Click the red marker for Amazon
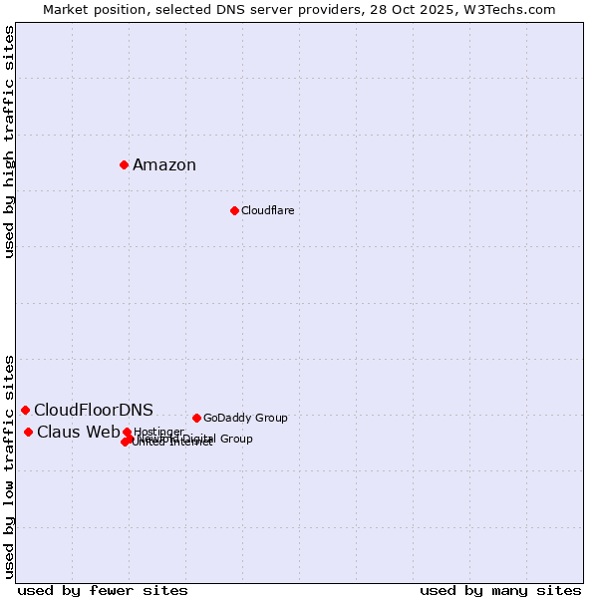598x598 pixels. [124, 164]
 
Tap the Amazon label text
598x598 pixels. [164, 165]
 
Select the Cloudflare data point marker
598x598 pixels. [234, 210]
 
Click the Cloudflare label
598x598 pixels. [267, 210]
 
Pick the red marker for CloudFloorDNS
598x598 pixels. [25, 410]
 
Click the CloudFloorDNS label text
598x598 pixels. [94, 411]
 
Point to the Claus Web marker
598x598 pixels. [28, 432]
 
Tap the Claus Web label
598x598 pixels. [78, 433]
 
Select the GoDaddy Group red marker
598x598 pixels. [196, 418]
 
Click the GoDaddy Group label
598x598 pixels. [245, 418]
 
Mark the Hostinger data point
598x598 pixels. [127, 433]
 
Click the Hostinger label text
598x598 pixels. [158, 432]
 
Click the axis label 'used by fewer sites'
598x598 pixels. [103, 590]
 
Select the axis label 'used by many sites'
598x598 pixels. [500, 590]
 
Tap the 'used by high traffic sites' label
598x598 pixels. [10, 142]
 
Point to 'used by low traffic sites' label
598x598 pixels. [10, 465]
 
